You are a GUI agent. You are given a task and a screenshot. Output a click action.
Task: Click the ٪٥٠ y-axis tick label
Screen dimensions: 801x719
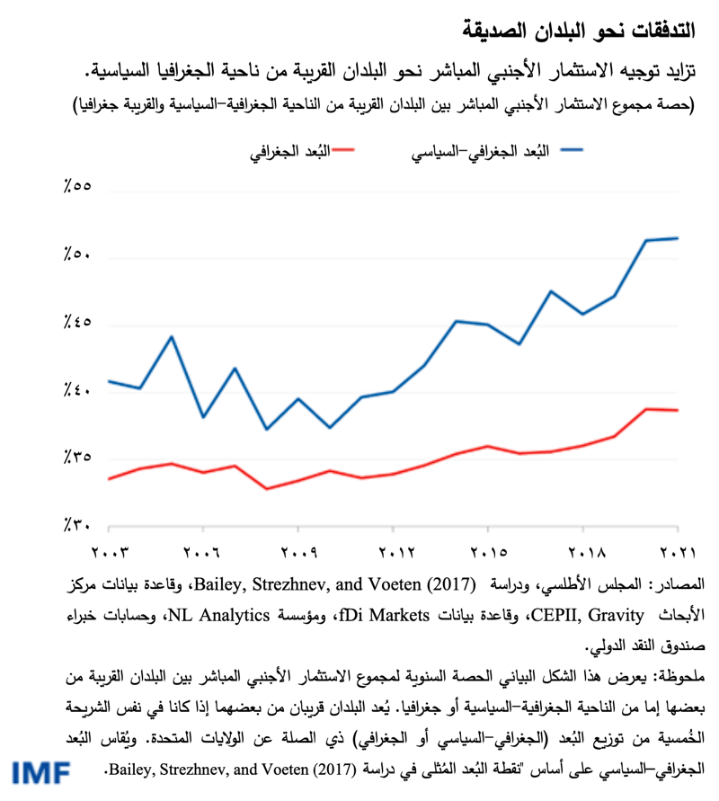pos(78,257)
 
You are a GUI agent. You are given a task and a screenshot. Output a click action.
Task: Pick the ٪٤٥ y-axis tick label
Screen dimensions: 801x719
pos(78,324)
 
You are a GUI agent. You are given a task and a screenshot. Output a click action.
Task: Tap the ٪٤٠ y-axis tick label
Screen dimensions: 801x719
pos(78,391)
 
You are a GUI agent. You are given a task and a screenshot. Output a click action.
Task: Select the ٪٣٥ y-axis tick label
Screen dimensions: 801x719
pos(78,458)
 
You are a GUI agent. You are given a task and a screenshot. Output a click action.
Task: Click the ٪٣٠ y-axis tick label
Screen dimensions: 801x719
pos(78,525)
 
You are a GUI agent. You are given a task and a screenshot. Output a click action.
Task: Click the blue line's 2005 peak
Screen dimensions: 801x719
pos(172,336)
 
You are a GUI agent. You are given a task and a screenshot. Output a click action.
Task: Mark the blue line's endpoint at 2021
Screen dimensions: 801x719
pos(677,238)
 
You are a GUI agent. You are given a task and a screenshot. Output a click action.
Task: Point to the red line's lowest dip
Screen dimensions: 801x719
pos(266,489)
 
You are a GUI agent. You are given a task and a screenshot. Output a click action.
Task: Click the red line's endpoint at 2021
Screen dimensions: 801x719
pos(677,410)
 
